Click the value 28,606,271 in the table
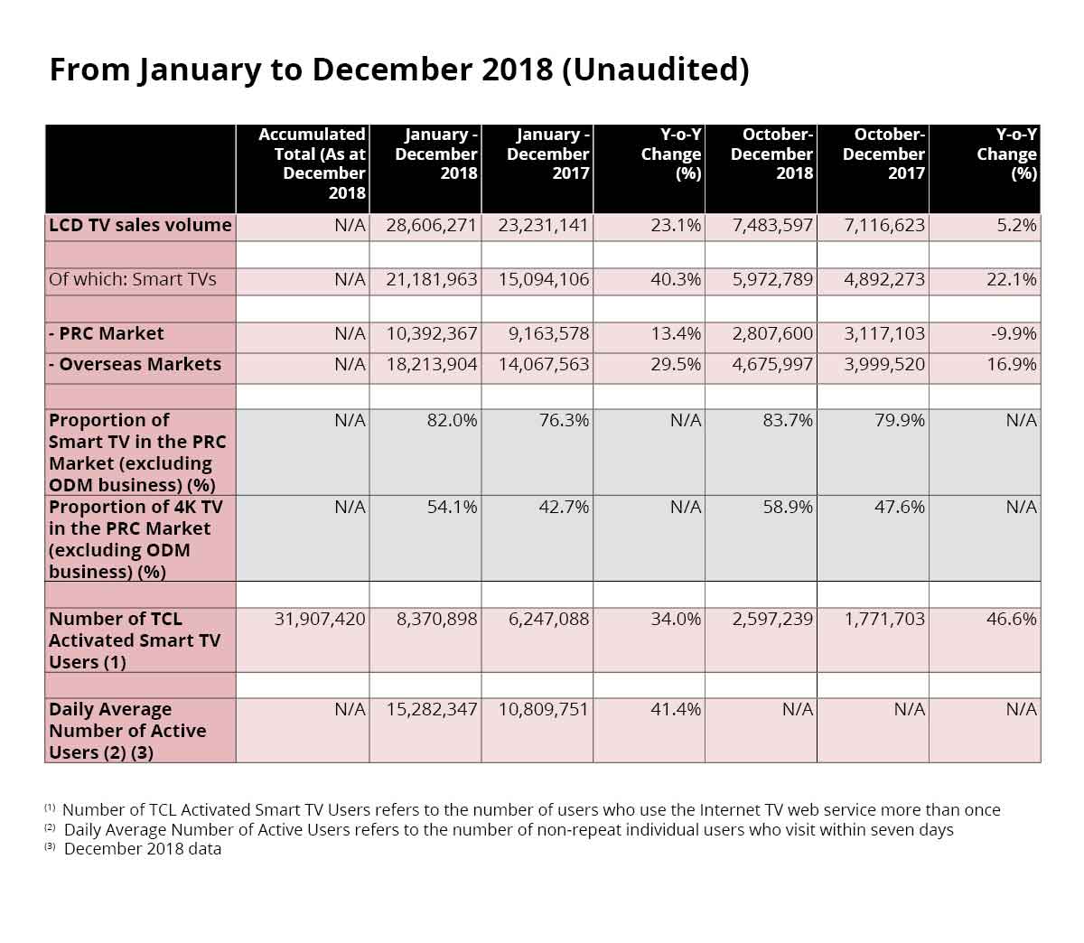(431, 226)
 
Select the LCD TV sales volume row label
(140, 226)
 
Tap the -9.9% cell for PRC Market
(1014, 334)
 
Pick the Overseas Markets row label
(135, 365)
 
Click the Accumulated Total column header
(312, 163)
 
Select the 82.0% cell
(452, 421)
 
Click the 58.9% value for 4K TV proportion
(788, 508)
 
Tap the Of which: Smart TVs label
(133, 280)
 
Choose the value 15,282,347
(431, 710)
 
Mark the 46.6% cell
(1011, 620)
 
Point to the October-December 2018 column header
(771, 154)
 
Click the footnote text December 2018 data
(143, 849)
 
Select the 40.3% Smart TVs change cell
(676, 280)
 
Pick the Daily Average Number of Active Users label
(127, 731)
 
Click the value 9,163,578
(548, 334)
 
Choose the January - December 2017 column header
(547, 154)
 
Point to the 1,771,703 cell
(883, 620)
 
